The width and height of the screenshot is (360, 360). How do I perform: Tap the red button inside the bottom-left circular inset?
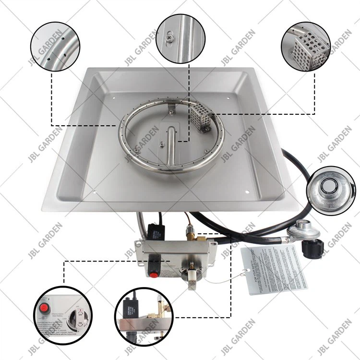click(45, 307)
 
